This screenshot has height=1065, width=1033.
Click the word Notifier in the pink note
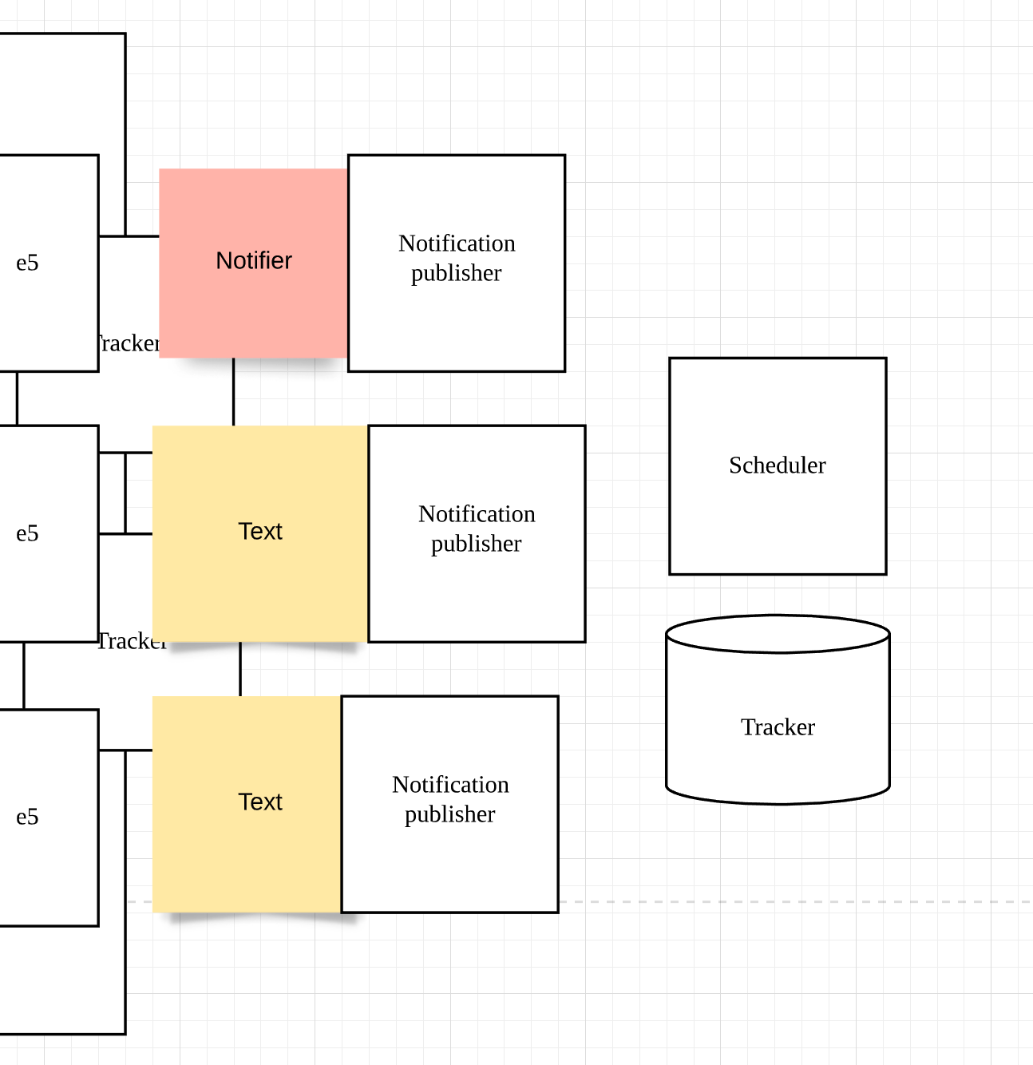click(x=254, y=261)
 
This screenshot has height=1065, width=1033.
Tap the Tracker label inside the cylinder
click(x=778, y=727)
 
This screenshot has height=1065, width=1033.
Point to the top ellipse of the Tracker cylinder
click(x=778, y=634)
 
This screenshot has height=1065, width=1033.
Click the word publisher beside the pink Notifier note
click(x=456, y=273)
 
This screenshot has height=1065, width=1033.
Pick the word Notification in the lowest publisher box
click(x=450, y=785)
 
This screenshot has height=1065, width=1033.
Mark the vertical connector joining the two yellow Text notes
click(x=240, y=669)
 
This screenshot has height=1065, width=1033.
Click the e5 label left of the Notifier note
click(x=27, y=263)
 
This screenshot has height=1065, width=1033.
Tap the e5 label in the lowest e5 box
click(x=27, y=817)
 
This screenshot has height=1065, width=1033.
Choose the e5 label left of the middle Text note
click(x=27, y=533)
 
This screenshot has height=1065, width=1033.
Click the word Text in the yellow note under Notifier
click(x=260, y=532)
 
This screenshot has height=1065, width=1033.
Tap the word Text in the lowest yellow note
click(x=260, y=802)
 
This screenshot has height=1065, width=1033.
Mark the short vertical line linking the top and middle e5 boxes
click(x=17, y=398)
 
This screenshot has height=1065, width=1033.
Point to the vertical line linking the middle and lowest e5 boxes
click(x=24, y=675)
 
